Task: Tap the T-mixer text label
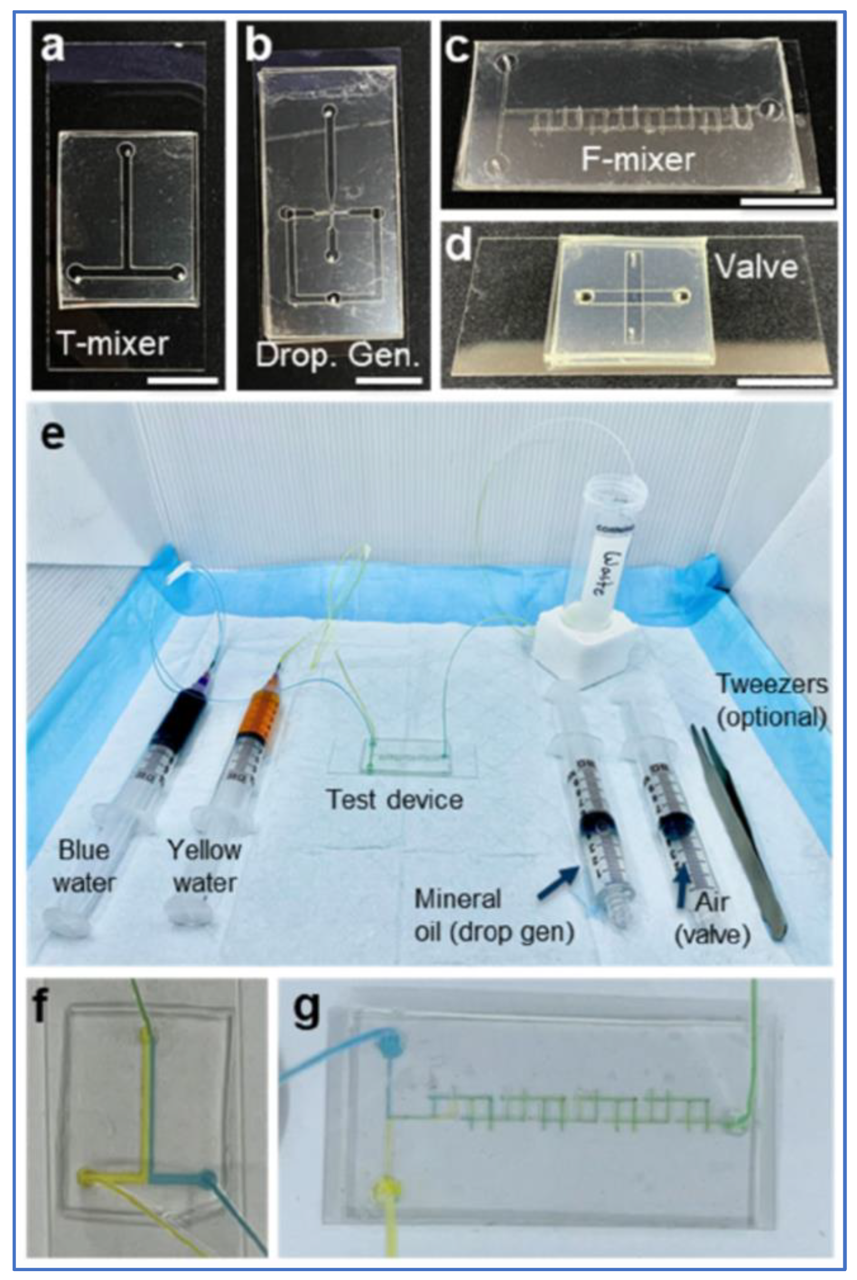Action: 113,345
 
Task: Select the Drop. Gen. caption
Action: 337,356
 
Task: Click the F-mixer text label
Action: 637,160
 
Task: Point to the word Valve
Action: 756,267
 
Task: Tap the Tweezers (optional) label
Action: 772,701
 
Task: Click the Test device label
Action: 395,800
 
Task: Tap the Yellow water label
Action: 204,866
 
